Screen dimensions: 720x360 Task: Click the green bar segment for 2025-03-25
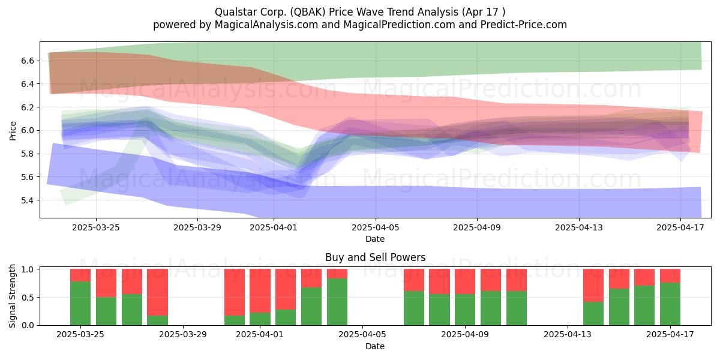tap(80, 303)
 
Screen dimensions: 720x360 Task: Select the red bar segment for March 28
tap(157, 292)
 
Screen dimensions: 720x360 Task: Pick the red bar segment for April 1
tap(260, 291)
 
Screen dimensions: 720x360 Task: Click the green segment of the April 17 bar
tap(670, 304)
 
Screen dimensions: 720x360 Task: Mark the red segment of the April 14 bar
tap(593, 286)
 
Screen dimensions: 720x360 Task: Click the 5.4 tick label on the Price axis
tap(28, 200)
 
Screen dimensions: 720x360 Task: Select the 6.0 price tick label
tap(28, 131)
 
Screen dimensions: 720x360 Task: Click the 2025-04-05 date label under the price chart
tap(375, 227)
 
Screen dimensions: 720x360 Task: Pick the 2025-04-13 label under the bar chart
tap(568, 335)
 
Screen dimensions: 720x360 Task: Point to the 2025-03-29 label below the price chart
tap(197, 227)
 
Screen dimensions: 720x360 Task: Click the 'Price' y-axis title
tap(13, 131)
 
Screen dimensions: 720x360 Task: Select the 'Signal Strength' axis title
tap(12, 296)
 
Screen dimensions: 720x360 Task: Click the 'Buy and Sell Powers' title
tap(376, 257)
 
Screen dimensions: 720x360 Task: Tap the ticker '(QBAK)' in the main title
tap(308, 12)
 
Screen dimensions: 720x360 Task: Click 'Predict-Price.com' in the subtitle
tap(524, 25)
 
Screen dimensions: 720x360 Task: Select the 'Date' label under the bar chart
tap(375, 346)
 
